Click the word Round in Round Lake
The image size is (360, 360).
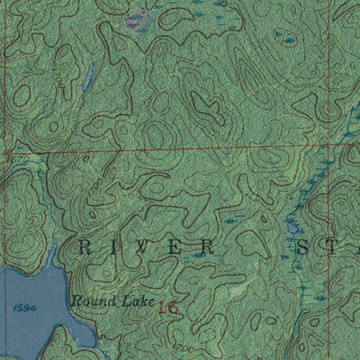[90, 301]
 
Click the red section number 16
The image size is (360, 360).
[167, 308]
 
